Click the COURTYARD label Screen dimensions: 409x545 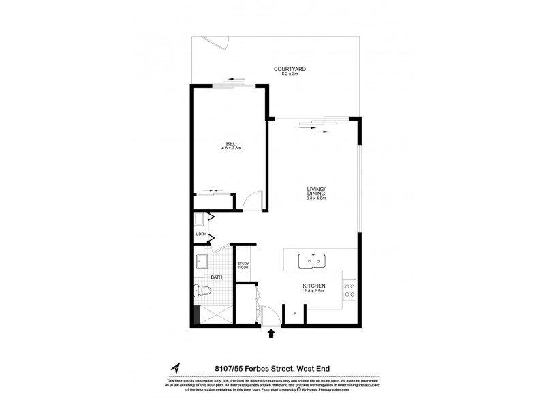tap(290, 69)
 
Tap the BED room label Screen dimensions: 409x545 tap(232, 144)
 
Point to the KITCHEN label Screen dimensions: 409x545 tap(314, 286)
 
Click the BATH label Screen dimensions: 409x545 tap(216, 277)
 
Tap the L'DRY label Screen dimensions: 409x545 tap(201, 235)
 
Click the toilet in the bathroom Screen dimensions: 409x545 tap(202, 290)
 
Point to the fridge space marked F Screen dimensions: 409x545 tap(294, 314)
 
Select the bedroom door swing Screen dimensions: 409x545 tap(251, 200)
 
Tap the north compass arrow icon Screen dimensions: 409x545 tap(176, 369)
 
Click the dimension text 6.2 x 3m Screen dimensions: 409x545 tap(290, 74)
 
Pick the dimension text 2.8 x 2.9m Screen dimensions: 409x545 tap(314, 291)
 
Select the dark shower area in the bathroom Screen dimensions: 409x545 tap(198, 316)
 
